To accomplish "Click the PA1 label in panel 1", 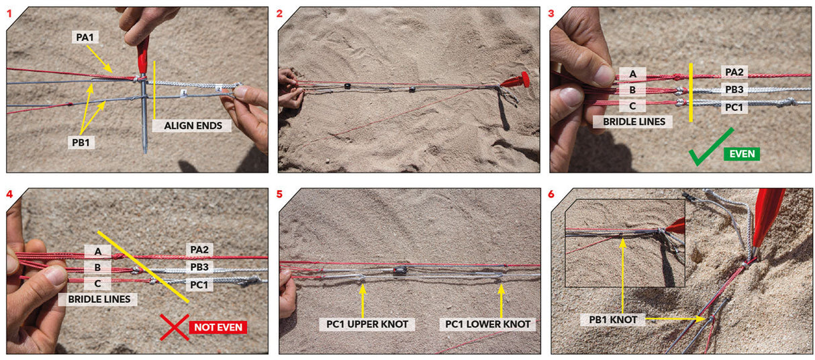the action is (85, 37).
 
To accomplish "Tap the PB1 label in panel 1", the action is (81, 142).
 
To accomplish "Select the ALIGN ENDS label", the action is (193, 126).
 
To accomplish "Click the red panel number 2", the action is (279, 14).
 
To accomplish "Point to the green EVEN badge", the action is (742, 154).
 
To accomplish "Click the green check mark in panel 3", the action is (710, 147).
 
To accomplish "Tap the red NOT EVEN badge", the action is (218, 327).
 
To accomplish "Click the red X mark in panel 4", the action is (175, 328).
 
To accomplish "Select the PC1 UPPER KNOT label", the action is (367, 324).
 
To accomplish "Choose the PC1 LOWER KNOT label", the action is (487, 324).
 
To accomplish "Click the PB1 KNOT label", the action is (613, 320).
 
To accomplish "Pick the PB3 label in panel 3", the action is (734, 89).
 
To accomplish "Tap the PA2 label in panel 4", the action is (199, 250).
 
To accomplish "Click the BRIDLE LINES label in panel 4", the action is (99, 299).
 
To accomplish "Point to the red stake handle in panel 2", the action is (516, 81).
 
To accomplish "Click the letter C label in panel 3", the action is (632, 106).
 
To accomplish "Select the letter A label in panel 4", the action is (97, 251).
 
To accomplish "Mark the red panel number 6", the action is (551, 194).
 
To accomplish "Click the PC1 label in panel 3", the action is (734, 107).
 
